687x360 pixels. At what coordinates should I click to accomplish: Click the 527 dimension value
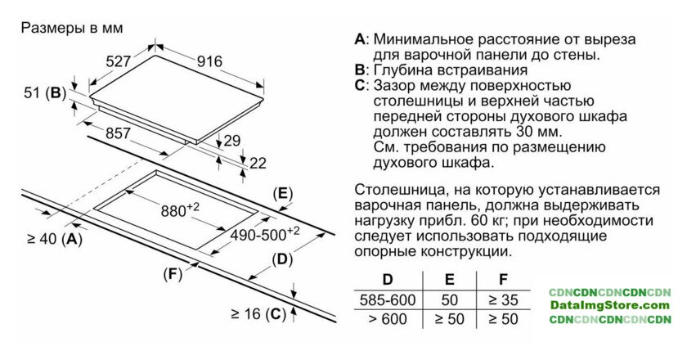[119, 61]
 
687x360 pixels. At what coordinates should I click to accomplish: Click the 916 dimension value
[210, 61]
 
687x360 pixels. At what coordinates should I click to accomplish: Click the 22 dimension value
[258, 163]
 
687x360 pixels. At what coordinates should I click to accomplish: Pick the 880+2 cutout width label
[180, 210]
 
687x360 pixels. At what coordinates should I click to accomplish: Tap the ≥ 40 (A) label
[54, 239]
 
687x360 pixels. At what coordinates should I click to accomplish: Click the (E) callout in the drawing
[281, 194]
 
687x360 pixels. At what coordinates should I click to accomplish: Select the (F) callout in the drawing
[172, 273]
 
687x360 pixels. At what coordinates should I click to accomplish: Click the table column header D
[388, 279]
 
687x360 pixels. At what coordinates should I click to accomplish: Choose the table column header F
[502, 279]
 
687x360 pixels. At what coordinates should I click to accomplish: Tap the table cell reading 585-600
[388, 299]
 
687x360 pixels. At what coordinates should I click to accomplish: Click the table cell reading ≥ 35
[502, 299]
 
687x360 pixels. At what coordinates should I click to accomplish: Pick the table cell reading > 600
[388, 319]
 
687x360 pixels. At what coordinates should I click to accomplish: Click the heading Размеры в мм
[71, 28]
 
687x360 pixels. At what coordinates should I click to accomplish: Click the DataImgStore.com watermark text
[609, 305]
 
